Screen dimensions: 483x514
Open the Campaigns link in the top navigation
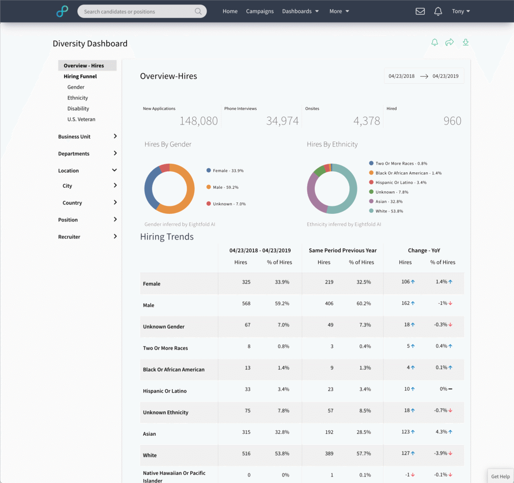260,12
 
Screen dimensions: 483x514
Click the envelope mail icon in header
420,12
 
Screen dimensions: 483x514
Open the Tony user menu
461,12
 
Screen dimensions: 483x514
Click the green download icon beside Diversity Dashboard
466,43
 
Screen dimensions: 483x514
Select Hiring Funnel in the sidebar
80,77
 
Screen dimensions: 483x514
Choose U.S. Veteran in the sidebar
81,119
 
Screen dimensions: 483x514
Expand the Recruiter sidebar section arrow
115,236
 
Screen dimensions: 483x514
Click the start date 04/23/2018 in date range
402,76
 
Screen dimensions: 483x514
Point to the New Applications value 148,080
199,121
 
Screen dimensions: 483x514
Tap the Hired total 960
452,121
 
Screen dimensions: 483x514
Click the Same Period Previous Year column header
342,251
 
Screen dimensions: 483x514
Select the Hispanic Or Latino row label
165,391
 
